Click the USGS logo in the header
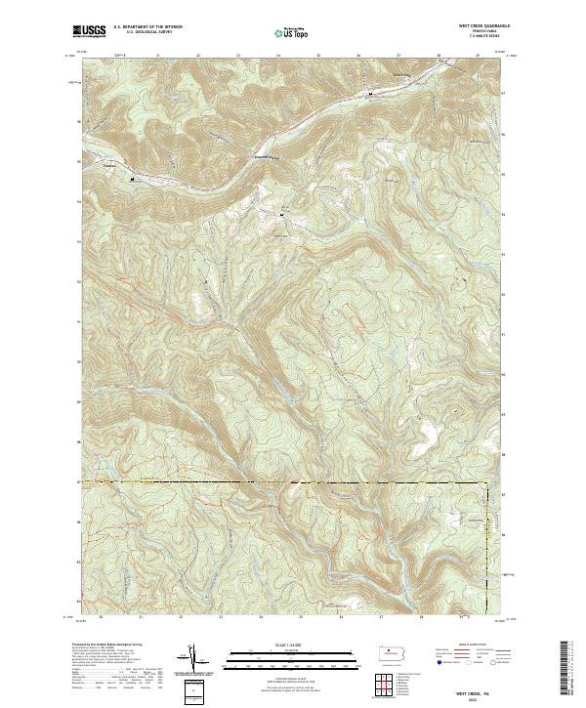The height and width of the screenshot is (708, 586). tap(89, 31)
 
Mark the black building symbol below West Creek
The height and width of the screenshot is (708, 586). tap(370, 95)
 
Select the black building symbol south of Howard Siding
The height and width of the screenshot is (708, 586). tap(283, 214)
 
